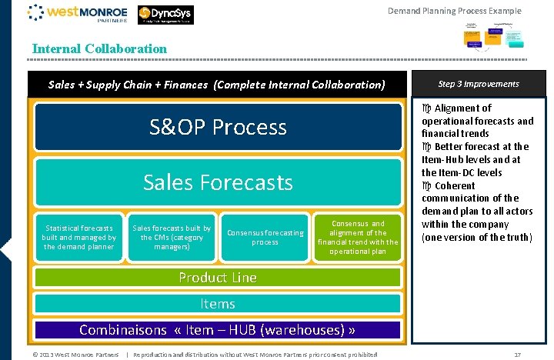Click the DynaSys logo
point(166,15)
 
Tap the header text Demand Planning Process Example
point(454,11)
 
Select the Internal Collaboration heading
point(99,48)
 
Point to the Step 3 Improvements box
point(479,84)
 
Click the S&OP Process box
point(218,127)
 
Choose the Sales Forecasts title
point(218,182)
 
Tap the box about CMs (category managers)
point(172,238)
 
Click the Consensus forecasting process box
point(265,238)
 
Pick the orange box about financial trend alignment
point(357,238)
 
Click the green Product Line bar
point(218,278)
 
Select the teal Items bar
point(218,304)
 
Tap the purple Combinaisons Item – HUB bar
point(218,330)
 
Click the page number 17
point(517,355)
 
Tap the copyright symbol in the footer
point(35,355)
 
